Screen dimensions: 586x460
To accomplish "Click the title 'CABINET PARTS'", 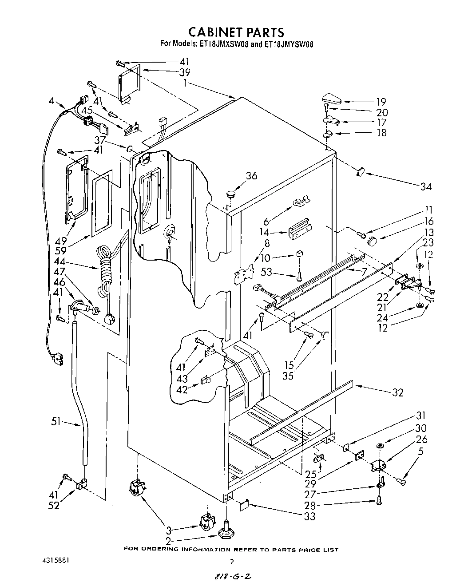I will pyautogui.click(x=236, y=32).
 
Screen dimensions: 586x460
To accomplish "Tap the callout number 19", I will pyautogui.click(x=381, y=102).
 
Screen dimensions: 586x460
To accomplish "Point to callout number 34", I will pyautogui.click(x=426, y=186).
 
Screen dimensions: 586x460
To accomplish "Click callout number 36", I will pyautogui.click(x=251, y=176).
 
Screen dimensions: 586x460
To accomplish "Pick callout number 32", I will pyautogui.click(x=397, y=392).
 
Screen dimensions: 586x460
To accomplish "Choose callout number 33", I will pyautogui.click(x=309, y=516).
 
